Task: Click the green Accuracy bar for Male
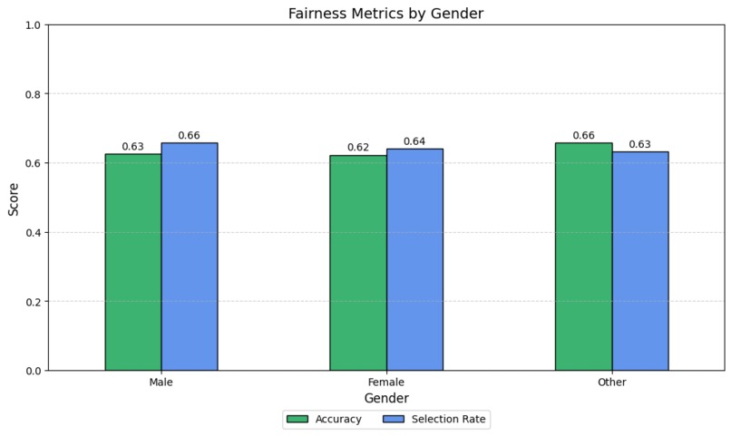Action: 133,262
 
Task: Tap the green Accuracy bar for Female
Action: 358,263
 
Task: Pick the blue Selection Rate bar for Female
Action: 414,259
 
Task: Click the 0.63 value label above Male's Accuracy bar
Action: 133,147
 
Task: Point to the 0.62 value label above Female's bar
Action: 358,148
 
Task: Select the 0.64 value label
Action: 414,141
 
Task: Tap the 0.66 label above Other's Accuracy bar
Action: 583,136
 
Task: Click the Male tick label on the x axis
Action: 161,383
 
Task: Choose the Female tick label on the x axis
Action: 386,383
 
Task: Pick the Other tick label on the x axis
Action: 611,383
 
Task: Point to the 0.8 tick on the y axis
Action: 33,94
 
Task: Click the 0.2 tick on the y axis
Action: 33,302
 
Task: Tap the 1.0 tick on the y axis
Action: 33,25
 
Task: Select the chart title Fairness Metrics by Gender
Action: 386,13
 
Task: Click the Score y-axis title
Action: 14,198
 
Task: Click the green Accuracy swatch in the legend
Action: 297,420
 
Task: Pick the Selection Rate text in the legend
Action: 449,420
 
